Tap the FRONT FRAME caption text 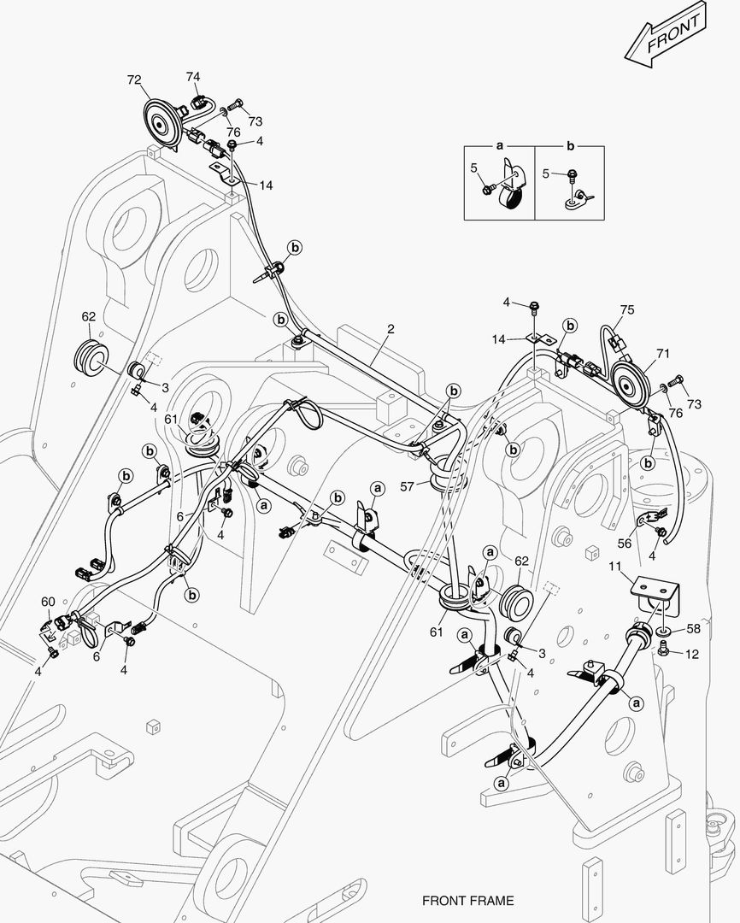[x=467, y=901]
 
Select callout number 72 [x=134, y=79]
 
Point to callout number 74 [x=194, y=77]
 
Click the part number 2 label [x=391, y=328]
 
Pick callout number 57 [x=408, y=485]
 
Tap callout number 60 [x=48, y=603]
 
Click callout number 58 [x=692, y=629]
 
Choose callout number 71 [x=663, y=352]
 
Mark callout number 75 [x=627, y=310]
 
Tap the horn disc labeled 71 [x=631, y=379]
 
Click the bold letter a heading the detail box [x=500, y=146]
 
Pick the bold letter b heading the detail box [x=571, y=146]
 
